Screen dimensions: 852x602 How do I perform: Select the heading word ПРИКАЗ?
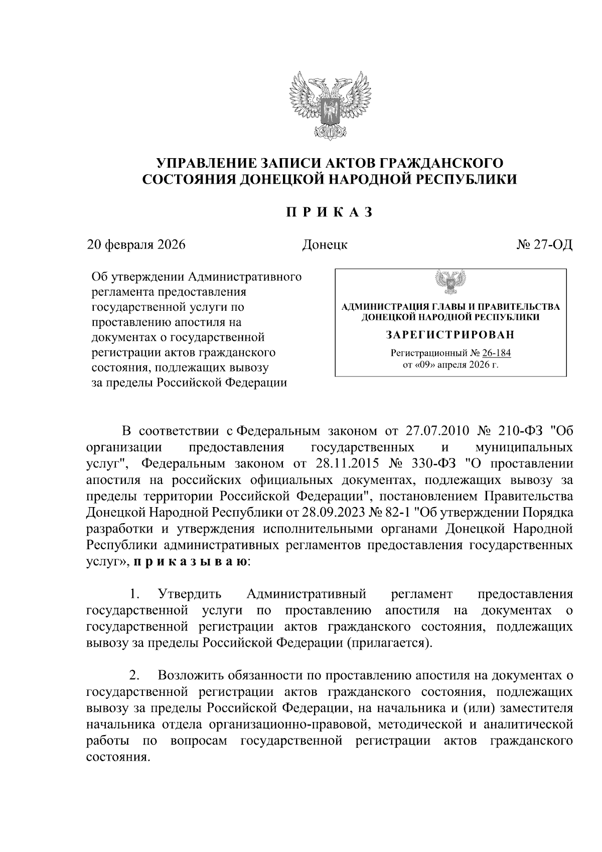pos(330,212)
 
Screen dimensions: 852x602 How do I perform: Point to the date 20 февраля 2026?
pos(136,245)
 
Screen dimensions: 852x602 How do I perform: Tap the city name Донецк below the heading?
pos(325,245)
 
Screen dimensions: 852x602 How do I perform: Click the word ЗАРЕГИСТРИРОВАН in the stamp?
pos(450,334)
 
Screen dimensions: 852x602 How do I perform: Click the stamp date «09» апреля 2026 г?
pos(450,364)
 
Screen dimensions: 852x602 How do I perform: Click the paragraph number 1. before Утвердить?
pos(134,594)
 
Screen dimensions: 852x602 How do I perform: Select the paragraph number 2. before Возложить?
pos(134,676)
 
